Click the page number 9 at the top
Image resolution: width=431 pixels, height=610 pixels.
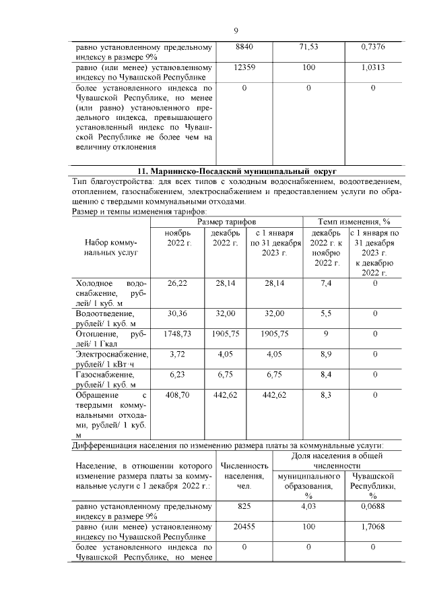pos(236,30)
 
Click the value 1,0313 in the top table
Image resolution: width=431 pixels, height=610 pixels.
pos(372,68)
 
